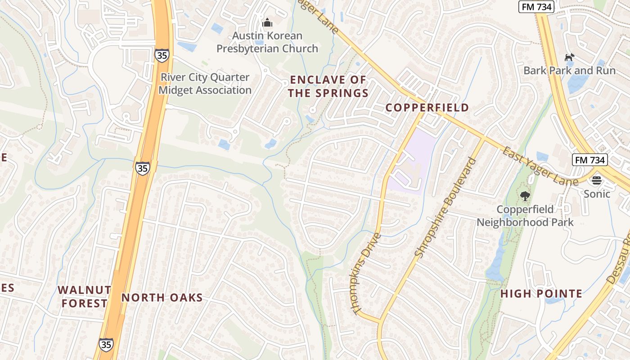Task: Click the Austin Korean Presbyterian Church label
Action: click(267, 42)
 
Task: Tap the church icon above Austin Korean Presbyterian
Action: click(267, 22)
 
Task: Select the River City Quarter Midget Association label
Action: click(205, 84)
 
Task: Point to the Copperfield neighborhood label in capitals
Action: click(427, 108)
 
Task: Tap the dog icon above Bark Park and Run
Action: click(569, 57)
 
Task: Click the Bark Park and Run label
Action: click(569, 71)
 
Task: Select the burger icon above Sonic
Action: click(597, 181)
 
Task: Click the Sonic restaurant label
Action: click(597, 194)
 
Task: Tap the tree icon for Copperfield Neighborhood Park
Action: click(525, 196)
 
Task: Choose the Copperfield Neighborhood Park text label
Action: click(525, 216)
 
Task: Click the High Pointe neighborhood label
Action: click(541, 294)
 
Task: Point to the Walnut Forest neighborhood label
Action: click(84, 297)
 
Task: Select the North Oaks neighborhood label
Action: click(162, 297)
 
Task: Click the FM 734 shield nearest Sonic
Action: click(590, 160)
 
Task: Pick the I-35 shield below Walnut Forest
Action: click(106, 345)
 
